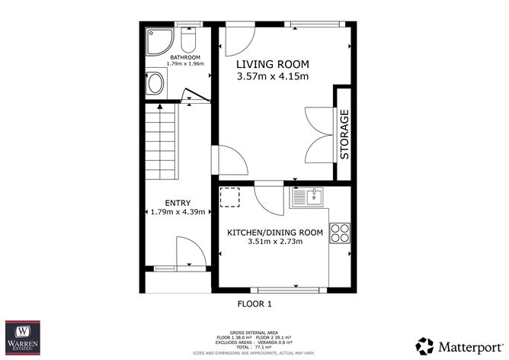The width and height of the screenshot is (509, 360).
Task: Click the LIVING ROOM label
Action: [x=271, y=64]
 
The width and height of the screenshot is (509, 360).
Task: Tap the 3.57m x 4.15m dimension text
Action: [x=271, y=76]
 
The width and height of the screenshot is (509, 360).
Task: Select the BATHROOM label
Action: [x=185, y=57]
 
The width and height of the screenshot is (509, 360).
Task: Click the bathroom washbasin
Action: [x=155, y=82]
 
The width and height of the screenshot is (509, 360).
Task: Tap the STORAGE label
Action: [x=344, y=135]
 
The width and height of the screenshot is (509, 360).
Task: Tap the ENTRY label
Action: [x=176, y=202]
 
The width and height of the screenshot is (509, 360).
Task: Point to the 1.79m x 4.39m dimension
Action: [x=176, y=212]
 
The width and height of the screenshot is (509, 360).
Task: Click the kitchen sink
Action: [x=308, y=198]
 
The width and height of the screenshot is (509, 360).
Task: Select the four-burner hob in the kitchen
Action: [x=340, y=233]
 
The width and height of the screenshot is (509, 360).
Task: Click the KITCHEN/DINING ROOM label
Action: [x=275, y=232]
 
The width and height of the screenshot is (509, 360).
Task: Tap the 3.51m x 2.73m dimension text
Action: [x=275, y=242]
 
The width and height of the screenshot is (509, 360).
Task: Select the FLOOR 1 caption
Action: [x=254, y=304]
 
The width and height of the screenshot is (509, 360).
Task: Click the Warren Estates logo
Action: [x=23, y=336]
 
